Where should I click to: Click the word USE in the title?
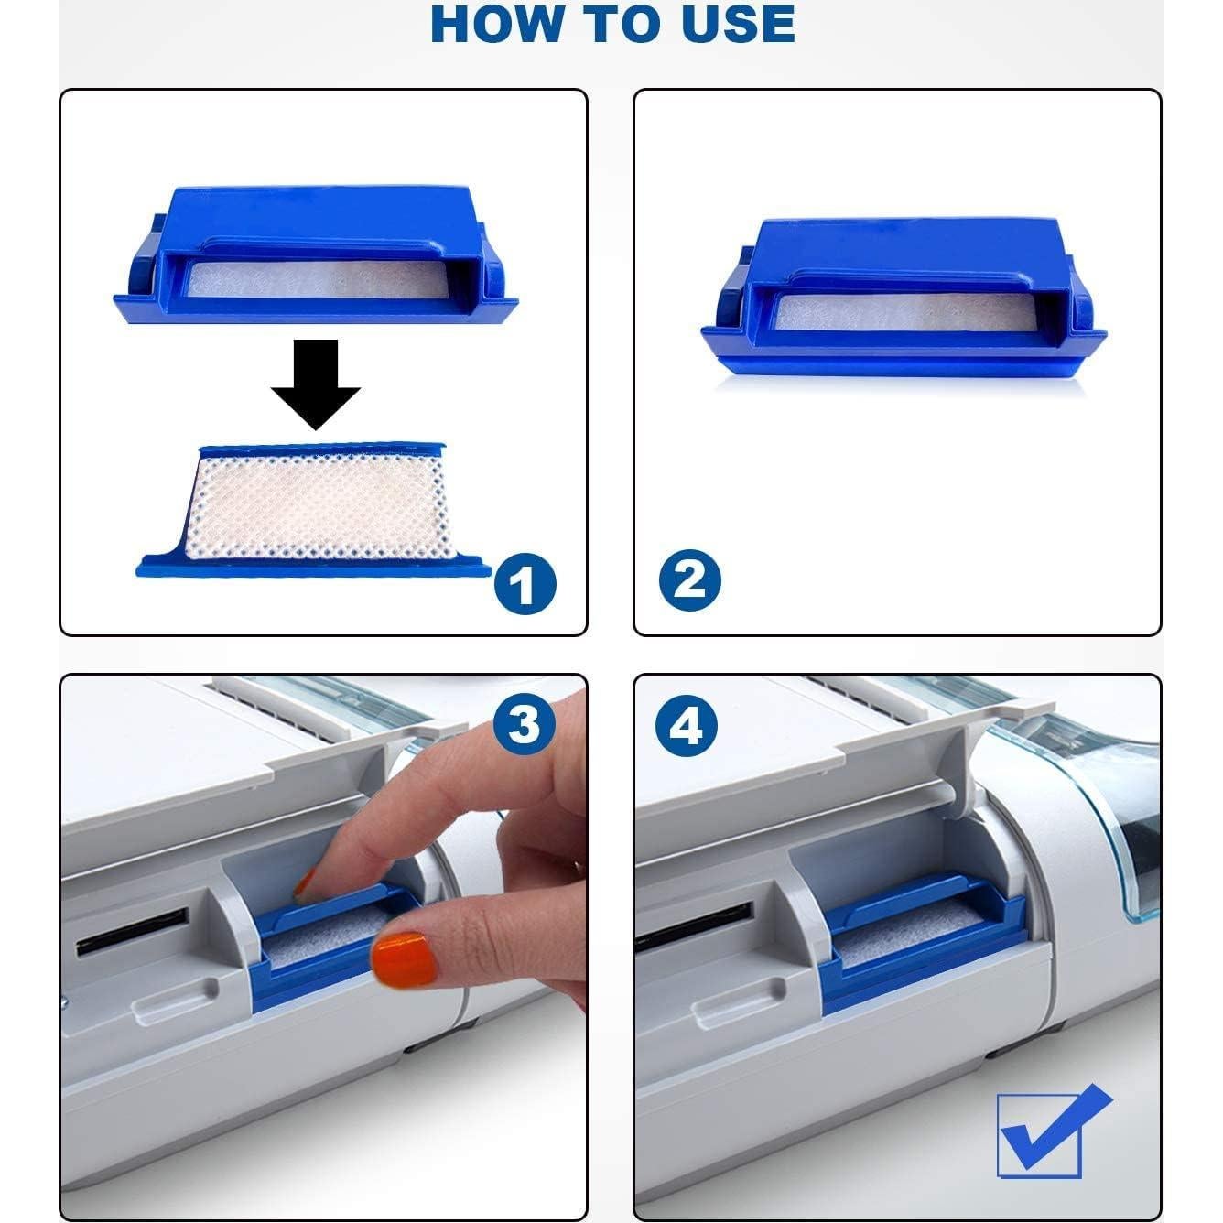point(738,25)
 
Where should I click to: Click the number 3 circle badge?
point(525,726)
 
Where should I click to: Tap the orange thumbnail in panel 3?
point(404,958)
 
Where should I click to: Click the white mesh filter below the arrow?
point(319,507)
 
